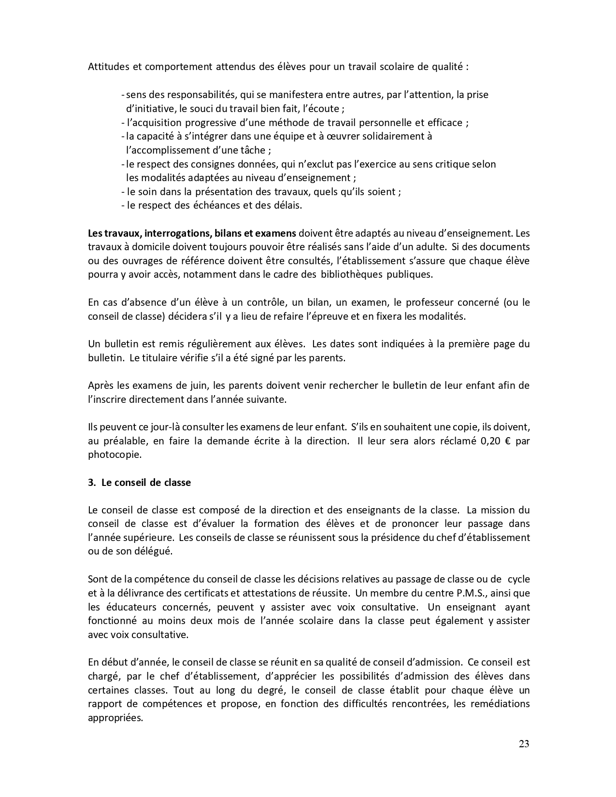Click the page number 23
[524, 743]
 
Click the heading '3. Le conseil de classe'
[140, 483]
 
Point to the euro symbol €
[510, 441]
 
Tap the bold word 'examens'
[275, 233]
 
